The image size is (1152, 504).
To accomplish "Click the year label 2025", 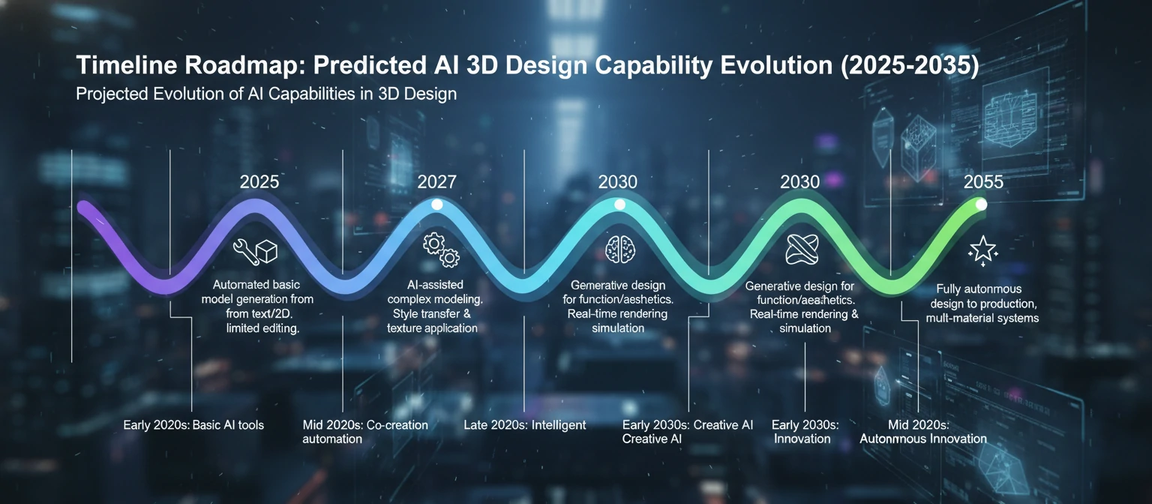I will pos(259,181).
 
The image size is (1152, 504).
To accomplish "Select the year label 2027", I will pos(436,181).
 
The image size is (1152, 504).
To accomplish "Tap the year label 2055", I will pos(983,181).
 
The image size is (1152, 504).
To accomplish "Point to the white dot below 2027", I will pos(438,204).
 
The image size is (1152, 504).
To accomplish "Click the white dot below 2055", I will pos(981,204).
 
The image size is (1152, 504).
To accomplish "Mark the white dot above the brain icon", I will pos(619,204).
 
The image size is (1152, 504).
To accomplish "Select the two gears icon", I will pos(441,250).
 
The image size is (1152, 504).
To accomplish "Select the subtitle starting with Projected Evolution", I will pos(266,95).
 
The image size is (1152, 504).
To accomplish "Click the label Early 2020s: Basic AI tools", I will pos(193,425).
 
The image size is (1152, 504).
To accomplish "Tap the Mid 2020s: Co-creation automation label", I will pos(364,431).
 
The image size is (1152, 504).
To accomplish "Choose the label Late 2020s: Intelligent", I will pos(525,425).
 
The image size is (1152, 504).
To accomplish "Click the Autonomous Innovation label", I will pos(922,438).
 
